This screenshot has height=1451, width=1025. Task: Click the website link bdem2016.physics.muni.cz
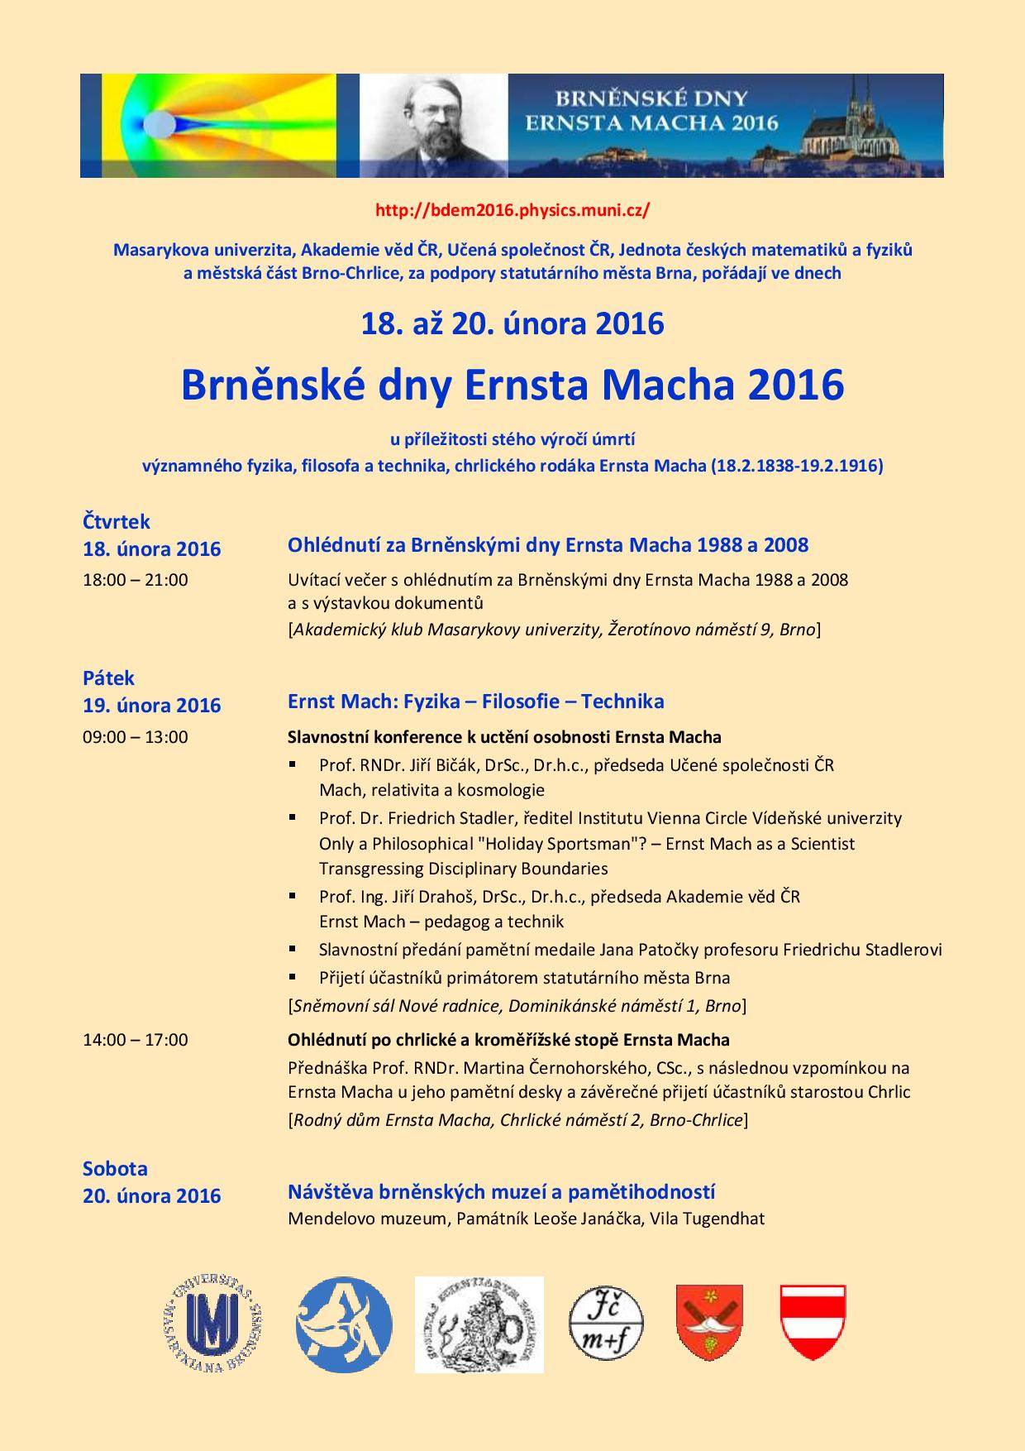click(x=512, y=210)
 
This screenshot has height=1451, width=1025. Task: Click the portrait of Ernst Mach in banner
click(x=434, y=126)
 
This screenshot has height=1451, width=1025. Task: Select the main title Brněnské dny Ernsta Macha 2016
click(x=512, y=384)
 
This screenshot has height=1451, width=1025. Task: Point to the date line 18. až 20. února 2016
click(x=512, y=323)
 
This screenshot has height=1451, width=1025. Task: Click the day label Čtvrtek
click(x=117, y=521)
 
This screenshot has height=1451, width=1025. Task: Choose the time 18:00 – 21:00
click(x=136, y=580)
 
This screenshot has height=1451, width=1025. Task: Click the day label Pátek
click(x=108, y=678)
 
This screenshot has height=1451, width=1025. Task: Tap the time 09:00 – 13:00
click(x=136, y=736)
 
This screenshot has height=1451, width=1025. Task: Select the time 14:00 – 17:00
click(x=136, y=1039)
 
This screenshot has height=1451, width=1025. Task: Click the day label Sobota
click(x=115, y=1168)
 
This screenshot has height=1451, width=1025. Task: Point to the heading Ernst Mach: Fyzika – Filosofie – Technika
click(x=475, y=702)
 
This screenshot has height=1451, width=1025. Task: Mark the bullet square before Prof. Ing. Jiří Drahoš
click(x=293, y=896)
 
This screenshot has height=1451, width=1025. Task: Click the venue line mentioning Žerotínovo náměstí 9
click(x=554, y=630)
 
